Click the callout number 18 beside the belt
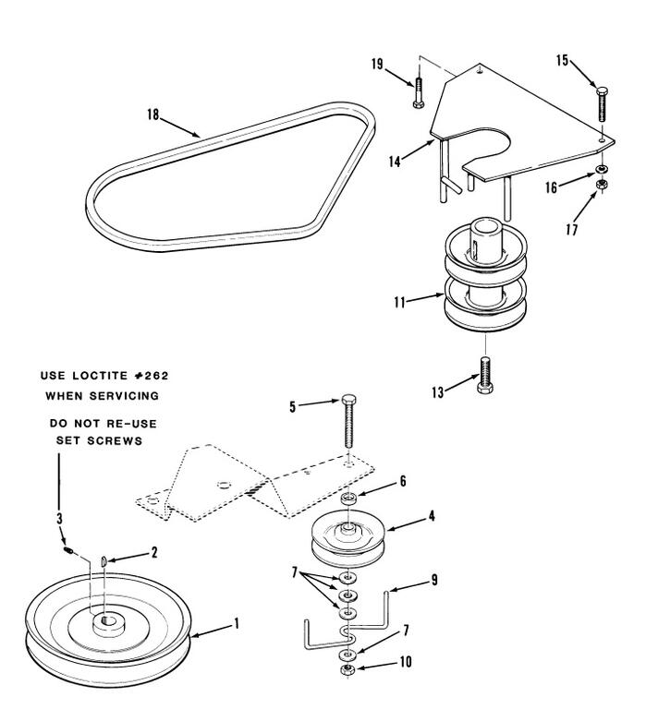click(x=153, y=114)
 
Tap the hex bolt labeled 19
click(x=419, y=92)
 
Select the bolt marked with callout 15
click(x=602, y=103)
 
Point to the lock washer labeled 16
click(x=602, y=169)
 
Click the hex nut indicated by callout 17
click(x=602, y=184)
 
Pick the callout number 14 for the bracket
click(x=395, y=162)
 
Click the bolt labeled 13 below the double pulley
click(x=485, y=375)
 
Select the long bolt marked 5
click(x=348, y=421)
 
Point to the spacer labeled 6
click(x=348, y=499)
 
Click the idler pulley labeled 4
click(x=348, y=538)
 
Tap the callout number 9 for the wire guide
click(x=434, y=580)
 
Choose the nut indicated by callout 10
click(x=347, y=670)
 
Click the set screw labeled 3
click(x=67, y=550)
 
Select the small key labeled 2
click(x=104, y=561)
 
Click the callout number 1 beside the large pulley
click(x=236, y=623)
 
